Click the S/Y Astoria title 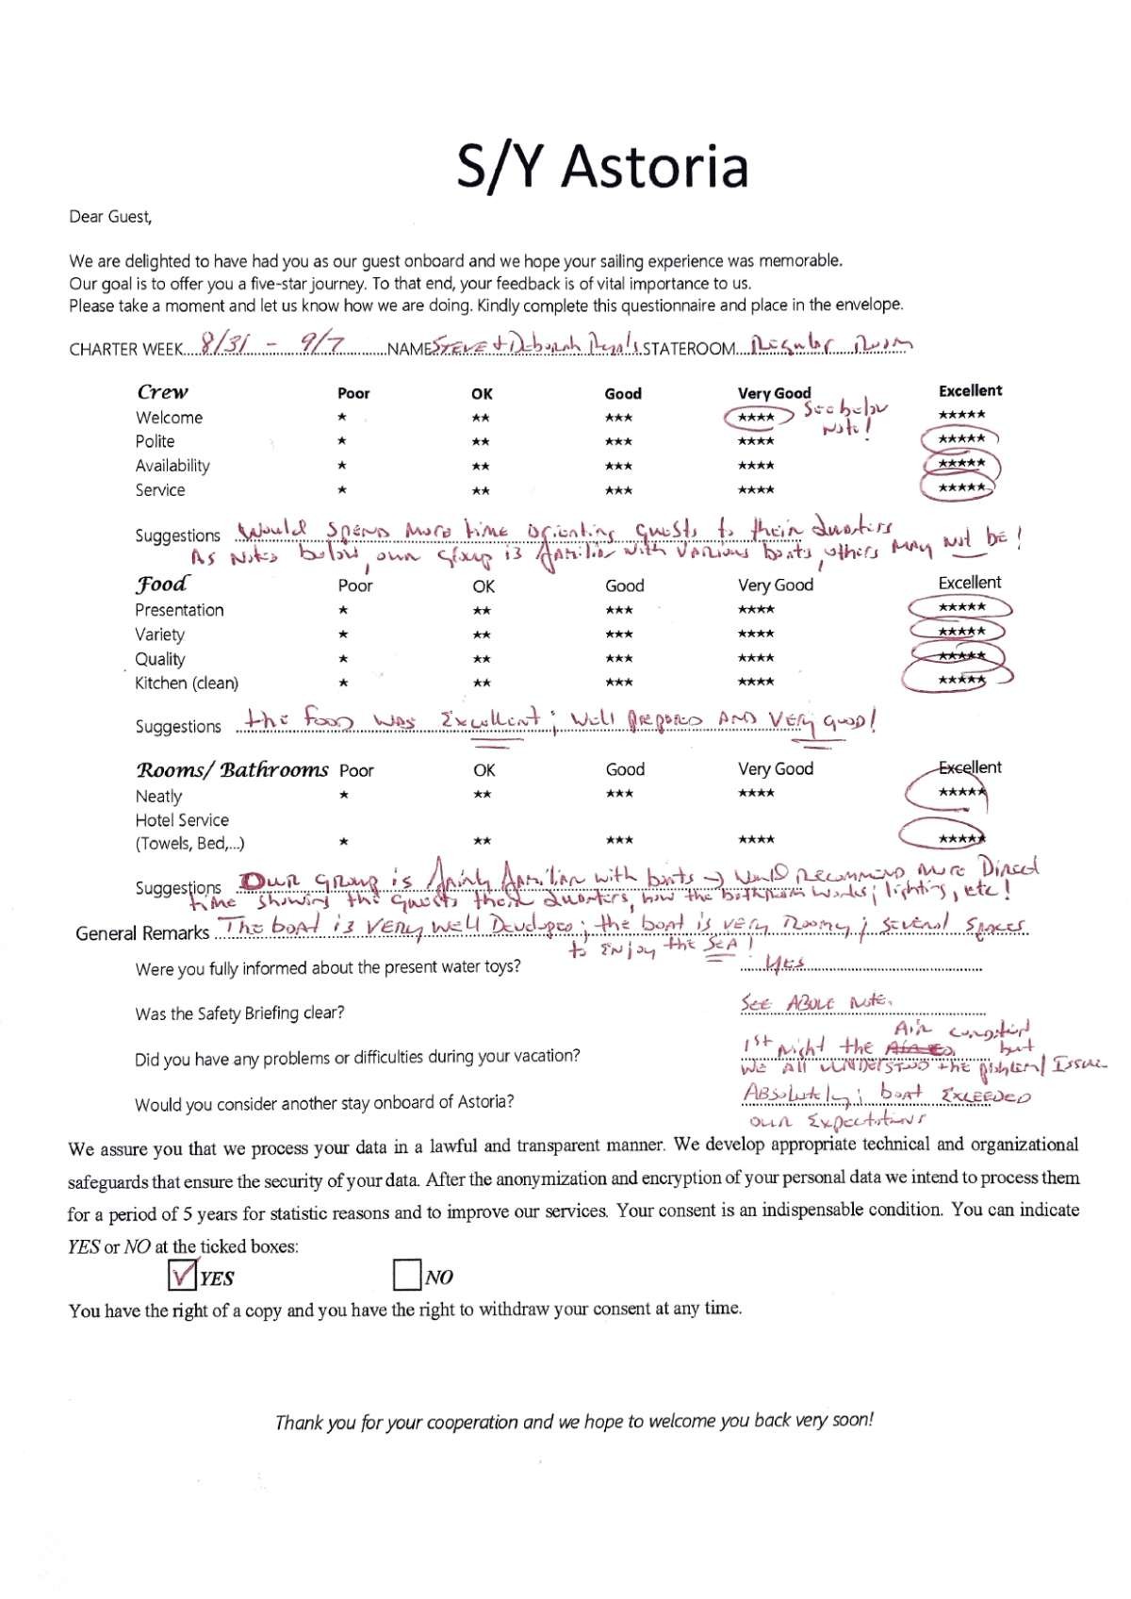pos(602,166)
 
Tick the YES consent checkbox pos(181,1276)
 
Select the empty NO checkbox pos(406,1276)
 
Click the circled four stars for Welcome pos(757,418)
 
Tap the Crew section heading pos(163,391)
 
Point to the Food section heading pos(161,584)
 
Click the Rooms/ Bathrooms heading pos(232,769)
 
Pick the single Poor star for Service pos(343,489)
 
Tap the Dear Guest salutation pos(110,217)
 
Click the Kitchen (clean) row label pos(187,683)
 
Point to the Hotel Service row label pos(182,820)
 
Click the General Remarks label pos(142,932)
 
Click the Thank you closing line pos(574,1421)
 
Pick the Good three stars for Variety pos(619,634)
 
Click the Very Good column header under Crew pos(774,393)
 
